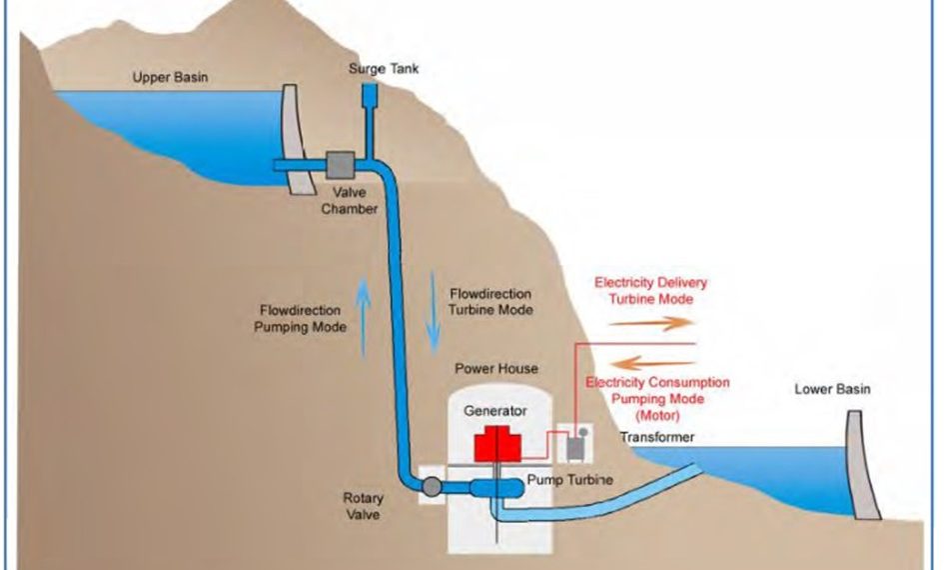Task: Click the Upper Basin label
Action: point(170,77)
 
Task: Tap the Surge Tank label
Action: point(384,69)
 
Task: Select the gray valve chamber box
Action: point(341,165)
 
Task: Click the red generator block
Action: point(497,444)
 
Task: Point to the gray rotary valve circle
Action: point(432,486)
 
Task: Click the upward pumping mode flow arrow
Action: point(363,318)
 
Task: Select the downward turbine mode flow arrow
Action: point(433,313)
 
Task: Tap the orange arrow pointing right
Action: point(651,323)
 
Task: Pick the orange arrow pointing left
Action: point(653,363)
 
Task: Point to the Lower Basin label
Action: point(833,389)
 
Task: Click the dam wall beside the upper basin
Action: point(298,139)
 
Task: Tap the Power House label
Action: point(496,369)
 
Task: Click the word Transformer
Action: point(657,437)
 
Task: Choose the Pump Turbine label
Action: point(570,480)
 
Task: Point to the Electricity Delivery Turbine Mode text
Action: point(650,290)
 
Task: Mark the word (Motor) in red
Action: point(657,415)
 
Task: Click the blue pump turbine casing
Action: point(496,487)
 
